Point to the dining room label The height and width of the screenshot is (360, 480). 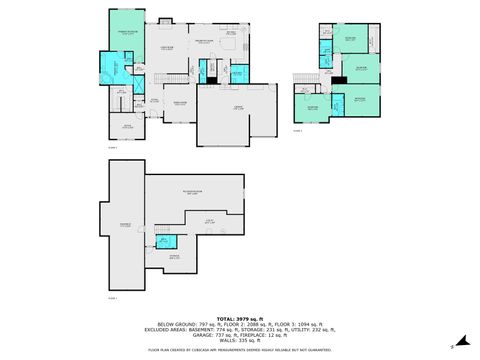181,102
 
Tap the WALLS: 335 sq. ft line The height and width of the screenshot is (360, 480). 239,341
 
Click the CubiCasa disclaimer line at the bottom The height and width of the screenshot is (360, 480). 239,350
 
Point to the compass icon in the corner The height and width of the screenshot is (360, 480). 452,346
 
